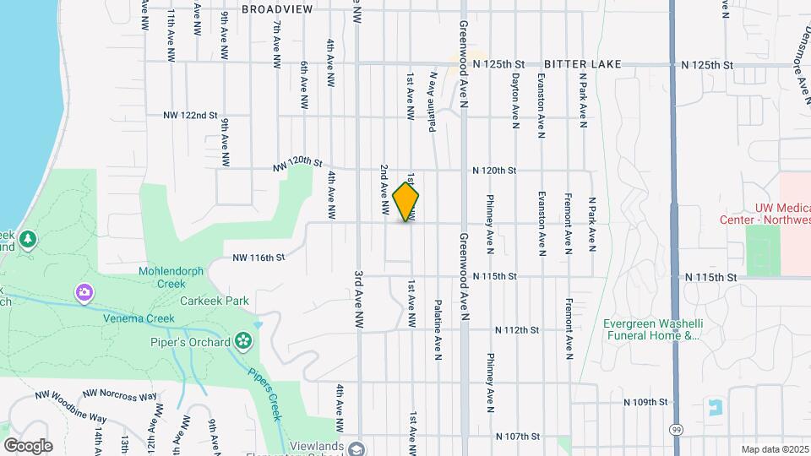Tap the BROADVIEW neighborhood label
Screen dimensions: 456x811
pyautogui.click(x=276, y=9)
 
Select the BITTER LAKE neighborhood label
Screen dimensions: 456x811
pyautogui.click(x=583, y=64)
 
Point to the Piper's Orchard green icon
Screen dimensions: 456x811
pyautogui.click(x=244, y=341)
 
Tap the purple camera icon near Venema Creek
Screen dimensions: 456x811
pyautogui.click(x=84, y=293)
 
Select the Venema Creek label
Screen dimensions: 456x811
pyautogui.click(x=139, y=318)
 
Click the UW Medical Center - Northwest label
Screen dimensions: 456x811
pyautogui.click(x=765, y=213)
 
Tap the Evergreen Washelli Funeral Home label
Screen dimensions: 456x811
pyautogui.click(x=651, y=329)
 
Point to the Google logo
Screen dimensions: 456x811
pyautogui.click(x=28, y=445)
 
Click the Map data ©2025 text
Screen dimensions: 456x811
pyautogui.click(x=774, y=449)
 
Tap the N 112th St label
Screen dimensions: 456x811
pyautogui.click(x=516, y=330)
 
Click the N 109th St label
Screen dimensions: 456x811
pyautogui.click(x=645, y=403)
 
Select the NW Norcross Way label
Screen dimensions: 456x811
pyautogui.click(x=121, y=395)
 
